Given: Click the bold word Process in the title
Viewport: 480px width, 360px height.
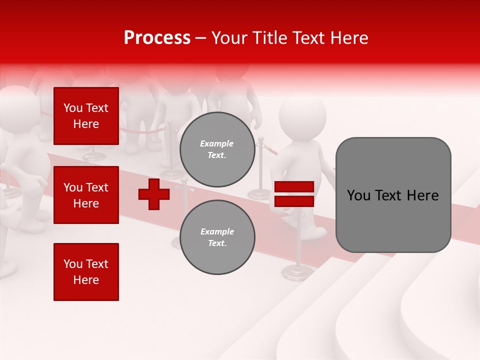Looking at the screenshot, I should (157, 38).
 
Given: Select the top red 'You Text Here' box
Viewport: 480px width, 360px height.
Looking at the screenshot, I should (86, 116).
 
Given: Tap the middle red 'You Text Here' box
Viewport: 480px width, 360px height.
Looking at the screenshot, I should (86, 195).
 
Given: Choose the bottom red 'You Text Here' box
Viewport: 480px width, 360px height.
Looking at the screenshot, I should (86, 272).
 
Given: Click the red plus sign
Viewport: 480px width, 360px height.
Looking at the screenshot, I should (154, 194).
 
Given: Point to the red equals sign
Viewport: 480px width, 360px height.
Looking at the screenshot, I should (294, 194).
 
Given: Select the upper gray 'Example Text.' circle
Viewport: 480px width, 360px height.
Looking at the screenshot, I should (217, 149).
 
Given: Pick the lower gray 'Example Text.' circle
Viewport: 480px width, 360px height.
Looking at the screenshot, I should (217, 237).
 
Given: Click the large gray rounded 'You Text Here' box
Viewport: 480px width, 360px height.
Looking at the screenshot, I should (393, 195).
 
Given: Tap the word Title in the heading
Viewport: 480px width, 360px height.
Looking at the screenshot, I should (273, 38).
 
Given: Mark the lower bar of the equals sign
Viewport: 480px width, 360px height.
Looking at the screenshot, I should (294, 201).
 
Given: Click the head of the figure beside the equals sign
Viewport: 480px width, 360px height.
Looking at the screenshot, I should (302, 117).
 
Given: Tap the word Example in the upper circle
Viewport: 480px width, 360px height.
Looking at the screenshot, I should (217, 143).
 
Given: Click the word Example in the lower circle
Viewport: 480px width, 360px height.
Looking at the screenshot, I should (217, 231).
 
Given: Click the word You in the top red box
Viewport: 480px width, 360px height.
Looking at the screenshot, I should (73, 108).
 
